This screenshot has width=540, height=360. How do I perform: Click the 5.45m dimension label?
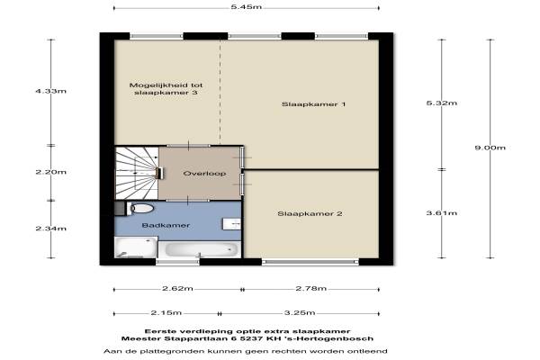point(247,7)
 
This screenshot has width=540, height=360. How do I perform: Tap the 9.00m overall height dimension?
point(490,148)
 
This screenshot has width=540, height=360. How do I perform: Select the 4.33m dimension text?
point(51,91)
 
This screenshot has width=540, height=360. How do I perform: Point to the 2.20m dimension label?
point(51,172)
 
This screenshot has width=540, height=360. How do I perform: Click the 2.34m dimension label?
point(51,229)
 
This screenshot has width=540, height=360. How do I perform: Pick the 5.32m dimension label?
point(442,103)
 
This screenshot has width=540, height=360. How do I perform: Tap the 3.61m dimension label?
point(442,213)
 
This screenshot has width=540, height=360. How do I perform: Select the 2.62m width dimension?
point(177,288)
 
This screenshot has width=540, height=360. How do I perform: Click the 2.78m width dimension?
point(311,288)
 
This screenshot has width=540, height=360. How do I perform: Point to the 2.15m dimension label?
point(166,313)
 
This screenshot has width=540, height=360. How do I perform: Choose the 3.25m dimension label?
point(300,313)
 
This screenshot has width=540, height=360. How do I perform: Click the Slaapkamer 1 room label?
point(313,104)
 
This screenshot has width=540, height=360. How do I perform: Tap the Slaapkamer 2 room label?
point(310,214)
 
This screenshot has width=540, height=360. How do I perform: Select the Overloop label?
point(204,174)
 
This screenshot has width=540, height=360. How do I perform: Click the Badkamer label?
point(166,226)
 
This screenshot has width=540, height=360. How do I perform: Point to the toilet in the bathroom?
point(140,209)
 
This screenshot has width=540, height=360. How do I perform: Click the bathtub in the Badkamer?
point(200,249)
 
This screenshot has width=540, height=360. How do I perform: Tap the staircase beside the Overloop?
point(137,173)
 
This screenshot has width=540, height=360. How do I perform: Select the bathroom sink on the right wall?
point(232,224)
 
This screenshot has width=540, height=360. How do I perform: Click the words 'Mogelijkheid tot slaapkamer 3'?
point(166,89)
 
